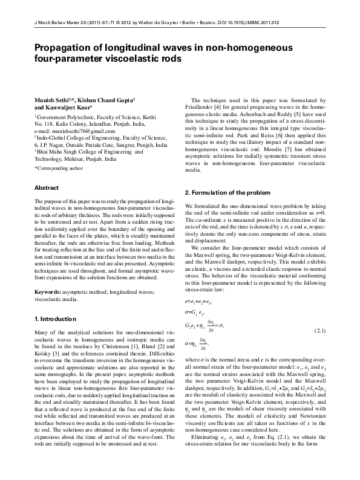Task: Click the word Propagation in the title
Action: [61, 50]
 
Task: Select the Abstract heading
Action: [47, 188]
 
